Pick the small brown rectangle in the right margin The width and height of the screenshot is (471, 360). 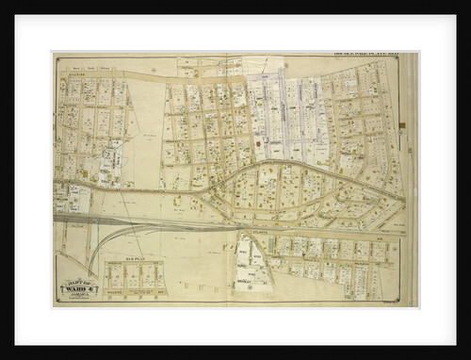(402, 124)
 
